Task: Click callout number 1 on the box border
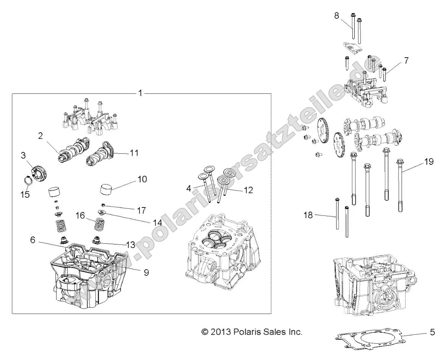[x=140, y=93]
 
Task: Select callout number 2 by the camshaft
[x=41, y=136]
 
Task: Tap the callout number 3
[x=23, y=155]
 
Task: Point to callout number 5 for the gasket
[x=432, y=332]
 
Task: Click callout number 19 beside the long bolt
[x=428, y=162]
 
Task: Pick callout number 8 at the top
[x=336, y=16]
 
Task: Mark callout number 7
[x=406, y=60]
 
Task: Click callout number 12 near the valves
[x=249, y=190]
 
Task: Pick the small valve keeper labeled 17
[x=103, y=204]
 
